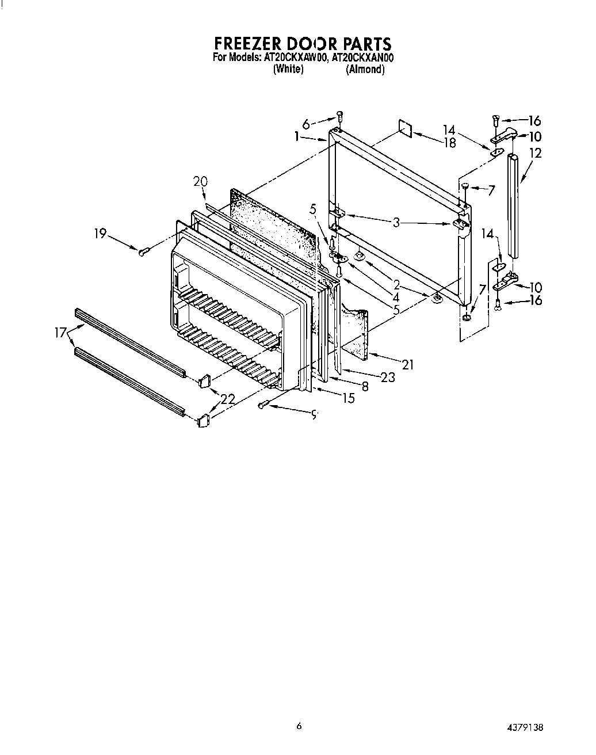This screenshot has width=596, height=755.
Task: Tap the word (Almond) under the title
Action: [365, 70]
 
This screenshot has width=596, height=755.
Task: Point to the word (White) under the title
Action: [288, 70]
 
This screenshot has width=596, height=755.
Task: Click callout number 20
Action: [200, 182]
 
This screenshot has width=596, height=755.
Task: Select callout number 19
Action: [100, 233]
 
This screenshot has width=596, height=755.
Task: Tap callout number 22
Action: [227, 398]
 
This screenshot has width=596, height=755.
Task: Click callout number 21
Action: [408, 364]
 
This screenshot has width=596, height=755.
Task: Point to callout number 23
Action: [388, 377]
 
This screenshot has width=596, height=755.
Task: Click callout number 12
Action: [536, 153]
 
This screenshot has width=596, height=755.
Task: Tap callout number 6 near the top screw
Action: [305, 124]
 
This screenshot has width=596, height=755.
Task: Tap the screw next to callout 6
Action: [339, 117]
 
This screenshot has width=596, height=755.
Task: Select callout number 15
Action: [349, 398]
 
